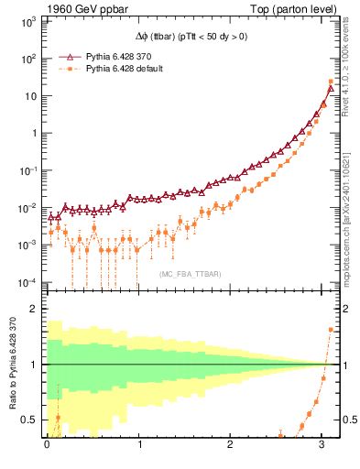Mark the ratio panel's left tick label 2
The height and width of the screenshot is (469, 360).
tap(32, 309)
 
